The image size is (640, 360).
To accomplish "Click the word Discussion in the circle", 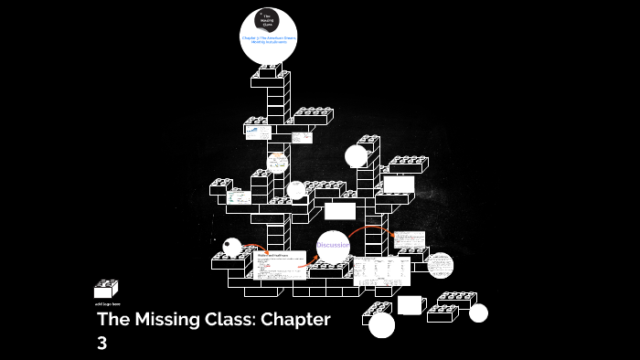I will [x=333, y=245].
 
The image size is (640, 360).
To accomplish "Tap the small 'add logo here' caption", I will [x=106, y=303].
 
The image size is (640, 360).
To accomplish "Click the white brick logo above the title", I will [x=106, y=289].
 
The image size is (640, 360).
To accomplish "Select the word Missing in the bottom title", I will [x=174, y=321].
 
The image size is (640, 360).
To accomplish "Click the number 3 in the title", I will [x=102, y=344].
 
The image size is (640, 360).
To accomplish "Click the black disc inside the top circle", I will [x=268, y=20].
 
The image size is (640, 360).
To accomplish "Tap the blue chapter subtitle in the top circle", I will [x=268, y=40].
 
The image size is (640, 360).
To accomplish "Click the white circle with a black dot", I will [x=232, y=248].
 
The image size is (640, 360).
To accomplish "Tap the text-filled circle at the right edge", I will [x=440, y=265].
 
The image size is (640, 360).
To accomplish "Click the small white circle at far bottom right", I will [x=478, y=313].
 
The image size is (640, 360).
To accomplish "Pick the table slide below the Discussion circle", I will [x=382, y=270].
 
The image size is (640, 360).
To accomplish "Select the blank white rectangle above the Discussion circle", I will [x=339, y=211].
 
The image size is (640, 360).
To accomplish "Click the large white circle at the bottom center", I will [x=381, y=324].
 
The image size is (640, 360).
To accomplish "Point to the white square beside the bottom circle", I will [x=410, y=305].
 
